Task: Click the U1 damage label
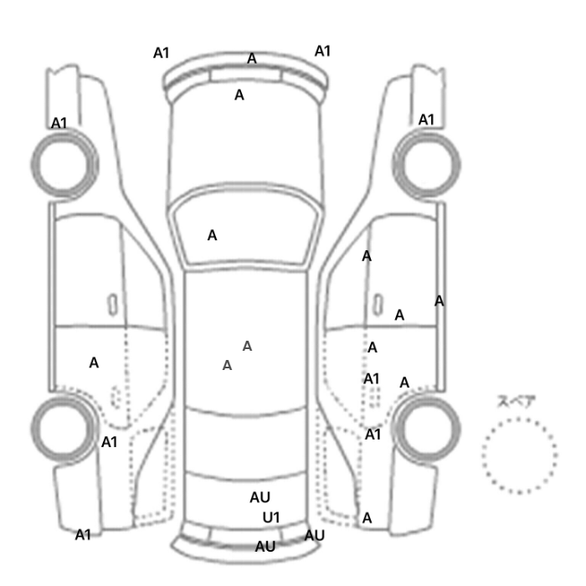[x=271, y=517]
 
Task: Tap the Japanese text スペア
[x=517, y=402]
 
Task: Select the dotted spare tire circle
[x=519, y=455]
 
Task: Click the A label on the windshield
[x=213, y=235]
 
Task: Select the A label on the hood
[x=239, y=95]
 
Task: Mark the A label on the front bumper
[x=251, y=59]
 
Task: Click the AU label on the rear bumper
[x=265, y=547]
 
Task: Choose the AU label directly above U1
[x=260, y=497]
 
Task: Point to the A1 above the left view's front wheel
[x=59, y=123]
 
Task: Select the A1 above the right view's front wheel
[x=427, y=120]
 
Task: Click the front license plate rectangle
[x=246, y=75]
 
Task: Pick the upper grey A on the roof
[x=247, y=346]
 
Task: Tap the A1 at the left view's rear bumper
[x=83, y=535]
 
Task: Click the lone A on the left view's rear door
[x=94, y=362]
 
